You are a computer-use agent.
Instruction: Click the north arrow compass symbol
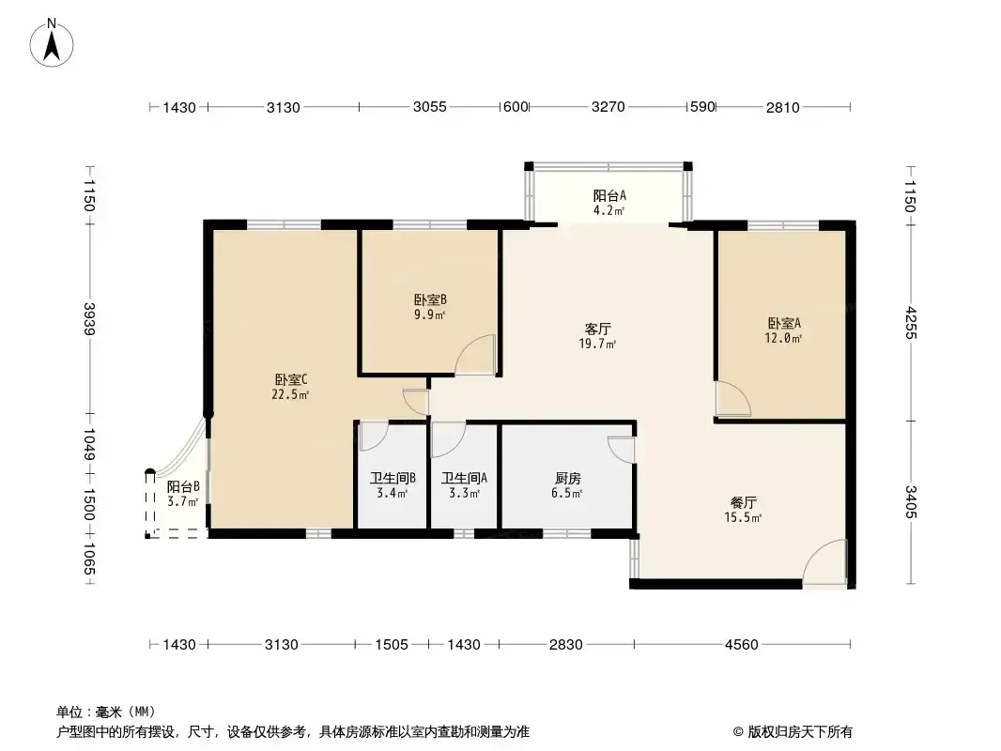coord(52,43)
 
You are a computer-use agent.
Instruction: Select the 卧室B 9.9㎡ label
coord(430,307)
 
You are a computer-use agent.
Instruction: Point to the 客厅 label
coord(597,330)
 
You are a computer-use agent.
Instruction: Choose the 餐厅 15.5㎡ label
coord(743,510)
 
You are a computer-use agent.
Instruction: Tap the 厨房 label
coord(567,478)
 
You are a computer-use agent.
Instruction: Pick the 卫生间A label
coord(464,478)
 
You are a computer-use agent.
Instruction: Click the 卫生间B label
coord(393,478)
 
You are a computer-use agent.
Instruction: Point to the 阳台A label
coord(609,195)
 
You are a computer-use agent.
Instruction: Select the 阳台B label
coord(183,487)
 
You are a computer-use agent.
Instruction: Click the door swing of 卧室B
coord(475,354)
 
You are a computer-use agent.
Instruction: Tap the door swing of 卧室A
coord(732,399)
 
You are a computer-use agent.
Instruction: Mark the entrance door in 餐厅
coord(824,561)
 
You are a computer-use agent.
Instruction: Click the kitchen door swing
coord(621,450)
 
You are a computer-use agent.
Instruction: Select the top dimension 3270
coord(608,107)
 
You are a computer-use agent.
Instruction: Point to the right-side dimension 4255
coord(910,323)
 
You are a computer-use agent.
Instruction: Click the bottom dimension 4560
coord(741,644)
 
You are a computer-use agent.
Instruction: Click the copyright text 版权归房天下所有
coord(800,732)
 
